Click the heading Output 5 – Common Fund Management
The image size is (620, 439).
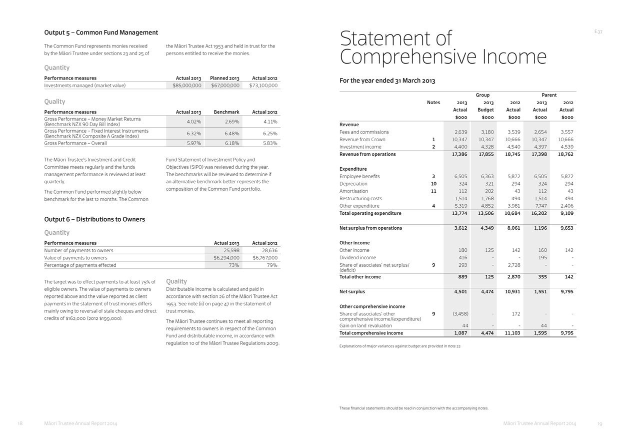pos(101,33)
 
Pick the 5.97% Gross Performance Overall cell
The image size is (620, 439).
pos(193,143)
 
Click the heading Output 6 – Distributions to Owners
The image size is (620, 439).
pos(94,219)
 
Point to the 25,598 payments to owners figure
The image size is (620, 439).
pos(229,250)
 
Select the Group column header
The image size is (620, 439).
pos(482,95)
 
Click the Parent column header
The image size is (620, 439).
pos(548,95)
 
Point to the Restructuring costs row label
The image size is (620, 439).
pos(360,198)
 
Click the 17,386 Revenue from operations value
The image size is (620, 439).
pos(459,154)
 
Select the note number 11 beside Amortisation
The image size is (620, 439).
pos(433,191)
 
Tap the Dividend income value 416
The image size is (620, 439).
pos(462,258)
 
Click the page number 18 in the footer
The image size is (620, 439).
pos(20,423)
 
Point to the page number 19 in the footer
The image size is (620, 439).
pos(599,424)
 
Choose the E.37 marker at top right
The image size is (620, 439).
pos(598,32)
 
